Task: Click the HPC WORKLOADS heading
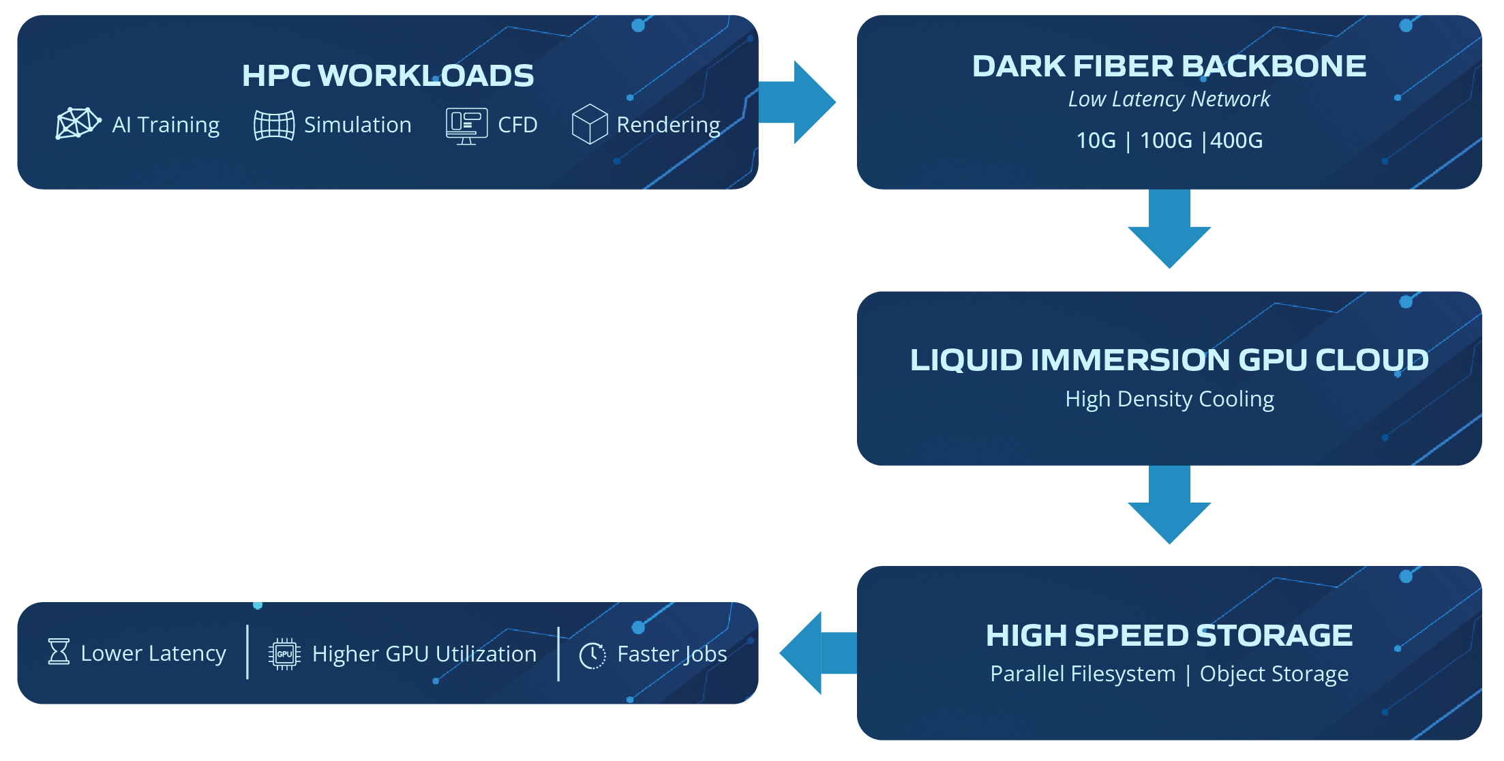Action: point(388,76)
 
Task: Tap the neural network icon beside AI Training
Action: point(78,123)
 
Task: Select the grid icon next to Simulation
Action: point(274,125)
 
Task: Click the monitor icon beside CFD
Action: point(466,125)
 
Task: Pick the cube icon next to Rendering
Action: point(590,124)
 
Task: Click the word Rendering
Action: point(668,125)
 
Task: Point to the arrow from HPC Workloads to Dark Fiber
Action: point(800,102)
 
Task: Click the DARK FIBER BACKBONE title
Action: point(1169,66)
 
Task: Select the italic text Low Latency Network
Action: point(1169,100)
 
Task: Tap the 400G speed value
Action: point(1236,140)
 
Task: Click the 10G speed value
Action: point(1096,140)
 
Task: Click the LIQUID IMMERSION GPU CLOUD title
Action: point(1169,360)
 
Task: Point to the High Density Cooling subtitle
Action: point(1169,399)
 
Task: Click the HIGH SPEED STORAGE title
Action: point(1169,636)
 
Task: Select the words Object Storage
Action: point(1274,674)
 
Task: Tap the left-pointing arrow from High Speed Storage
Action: point(815,653)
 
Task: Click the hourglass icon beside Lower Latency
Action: point(59,651)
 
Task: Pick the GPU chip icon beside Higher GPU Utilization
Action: point(284,654)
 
